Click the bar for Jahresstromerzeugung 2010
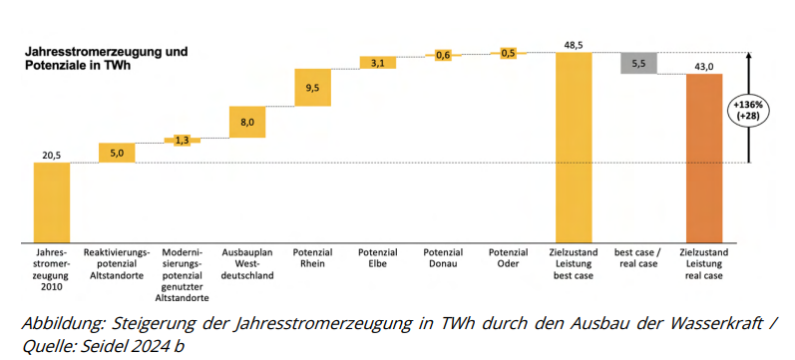52,201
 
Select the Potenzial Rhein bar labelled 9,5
312,87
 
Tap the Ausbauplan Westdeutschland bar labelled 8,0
247,122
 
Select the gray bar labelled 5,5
638,63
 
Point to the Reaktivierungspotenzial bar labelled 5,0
117,153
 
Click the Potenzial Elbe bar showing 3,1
377,63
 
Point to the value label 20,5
52,155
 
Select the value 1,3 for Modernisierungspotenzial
182,141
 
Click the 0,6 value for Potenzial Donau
443,55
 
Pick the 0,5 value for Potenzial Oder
508,53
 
